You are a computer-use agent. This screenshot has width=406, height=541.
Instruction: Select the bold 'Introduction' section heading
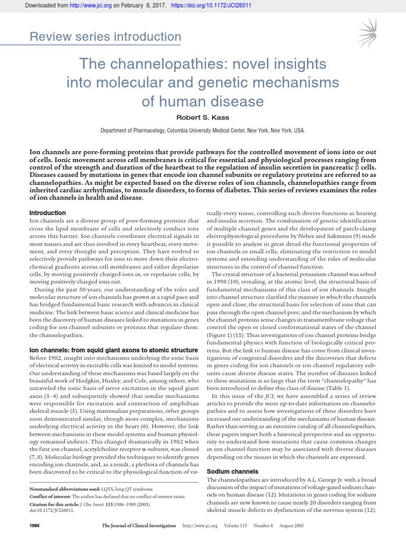[x=47, y=212]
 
